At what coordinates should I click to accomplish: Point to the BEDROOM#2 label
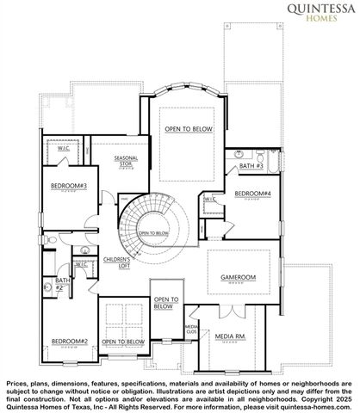[69, 342]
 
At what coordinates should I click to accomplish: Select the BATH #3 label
[251, 165]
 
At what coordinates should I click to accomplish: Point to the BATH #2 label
[62, 283]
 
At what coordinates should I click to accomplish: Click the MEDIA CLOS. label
[190, 330]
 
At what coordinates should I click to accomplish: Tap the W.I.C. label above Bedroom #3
[64, 148]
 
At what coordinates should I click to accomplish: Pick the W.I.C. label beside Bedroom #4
[209, 199]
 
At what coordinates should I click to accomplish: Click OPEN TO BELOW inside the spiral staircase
[153, 233]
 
